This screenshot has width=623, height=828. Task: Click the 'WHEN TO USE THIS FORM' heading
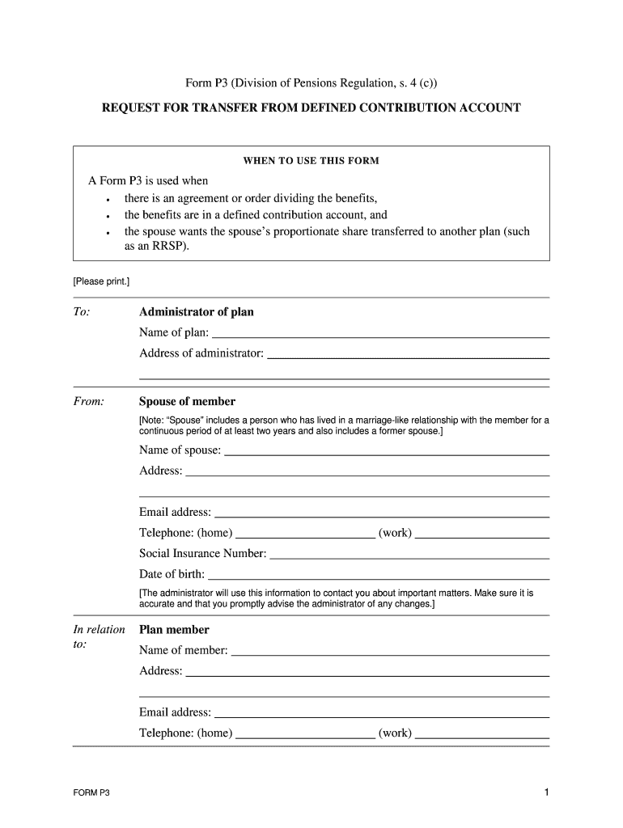[x=311, y=161]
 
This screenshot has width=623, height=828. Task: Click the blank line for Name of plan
[x=380, y=334]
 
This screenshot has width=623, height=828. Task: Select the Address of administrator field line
[x=408, y=355]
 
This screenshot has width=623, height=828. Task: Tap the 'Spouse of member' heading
[x=187, y=401]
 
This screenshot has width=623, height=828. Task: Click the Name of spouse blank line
[x=387, y=452]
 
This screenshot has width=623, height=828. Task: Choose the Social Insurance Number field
[x=409, y=556]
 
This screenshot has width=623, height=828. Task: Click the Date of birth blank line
[x=378, y=577]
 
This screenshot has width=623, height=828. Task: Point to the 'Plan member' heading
[x=174, y=630]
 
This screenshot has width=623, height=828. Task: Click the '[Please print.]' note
[x=101, y=281]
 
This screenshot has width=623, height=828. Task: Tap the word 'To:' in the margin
[x=82, y=312]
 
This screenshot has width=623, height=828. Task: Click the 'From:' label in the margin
[x=88, y=402]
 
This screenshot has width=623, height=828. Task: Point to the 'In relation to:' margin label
[x=99, y=637]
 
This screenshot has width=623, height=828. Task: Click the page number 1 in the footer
[x=546, y=793]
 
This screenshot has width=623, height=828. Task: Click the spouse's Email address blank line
[x=382, y=514]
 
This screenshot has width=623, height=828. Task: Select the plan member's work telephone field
[x=482, y=736]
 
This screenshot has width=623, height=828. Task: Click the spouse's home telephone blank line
[x=305, y=534]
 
